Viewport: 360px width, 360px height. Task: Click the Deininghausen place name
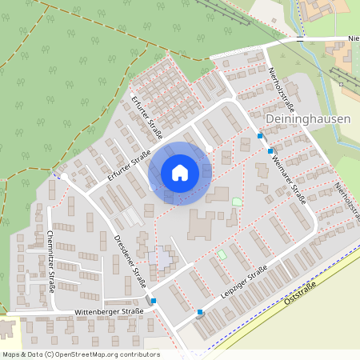pyautogui.click(x=306, y=118)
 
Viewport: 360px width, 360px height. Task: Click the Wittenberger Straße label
pyautogui.click(x=109, y=310)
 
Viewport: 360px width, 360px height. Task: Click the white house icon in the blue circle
pyautogui.click(x=180, y=173)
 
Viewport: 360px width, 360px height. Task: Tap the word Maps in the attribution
pyautogui.click(x=11, y=354)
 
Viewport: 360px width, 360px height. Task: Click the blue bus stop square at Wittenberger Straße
pyautogui.click(x=154, y=302)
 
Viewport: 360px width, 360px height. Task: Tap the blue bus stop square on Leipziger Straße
pyautogui.click(x=200, y=313)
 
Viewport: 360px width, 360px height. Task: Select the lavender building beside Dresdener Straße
pyautogui.click(x=159, y=258)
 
